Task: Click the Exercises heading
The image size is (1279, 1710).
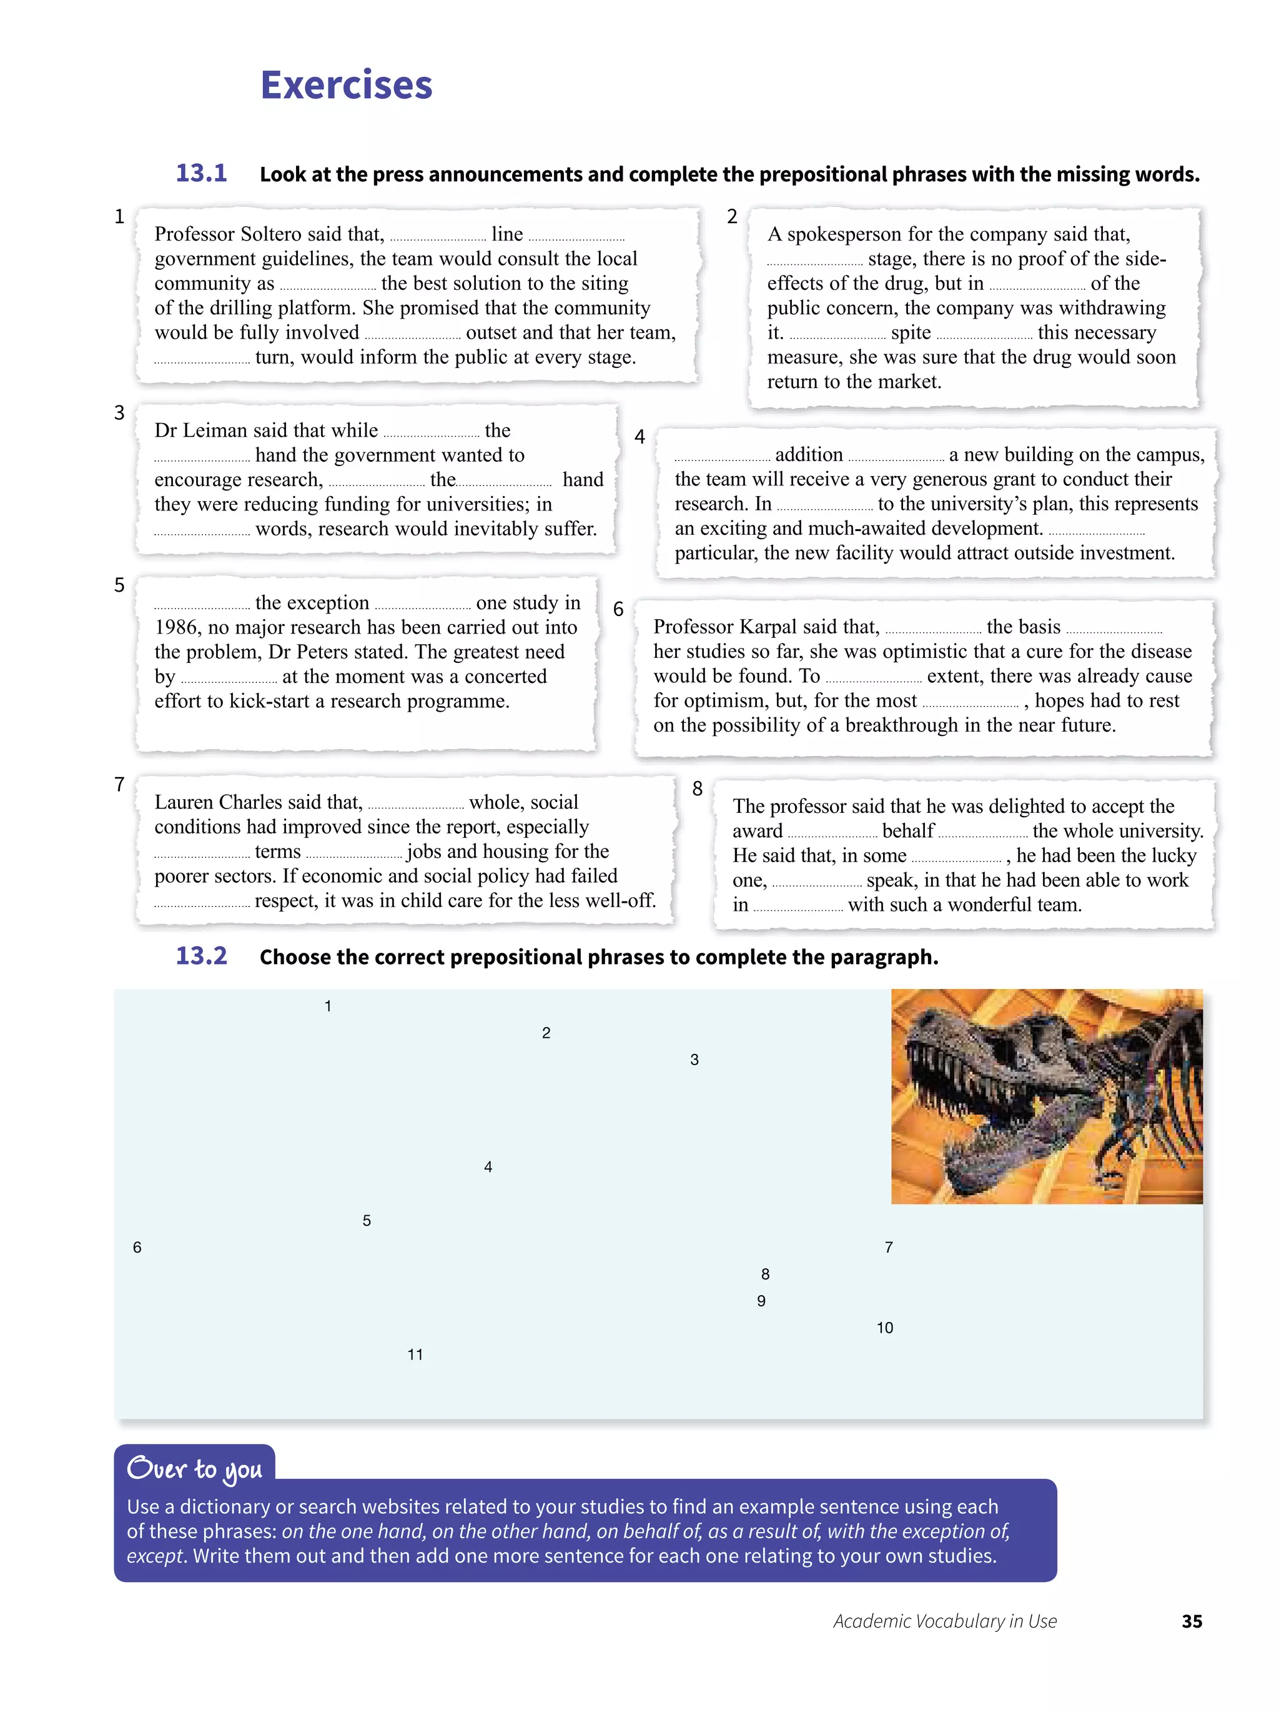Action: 345,85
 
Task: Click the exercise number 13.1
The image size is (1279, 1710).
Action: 201,172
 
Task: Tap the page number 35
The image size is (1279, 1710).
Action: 1191,1621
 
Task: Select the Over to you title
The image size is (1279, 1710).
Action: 194,1468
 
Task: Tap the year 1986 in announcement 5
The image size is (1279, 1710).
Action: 177,628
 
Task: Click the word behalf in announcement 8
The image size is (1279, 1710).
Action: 907,831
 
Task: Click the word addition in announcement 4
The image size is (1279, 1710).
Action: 808,455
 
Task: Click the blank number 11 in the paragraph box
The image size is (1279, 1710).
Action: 415,1355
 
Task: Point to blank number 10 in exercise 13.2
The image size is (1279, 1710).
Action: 884,1328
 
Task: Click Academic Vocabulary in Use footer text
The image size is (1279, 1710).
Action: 944,1621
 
